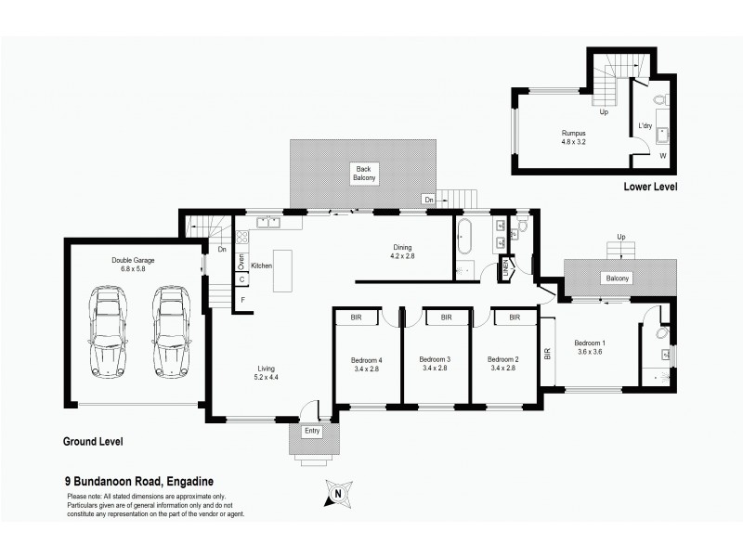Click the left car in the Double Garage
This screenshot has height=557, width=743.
point(108,331)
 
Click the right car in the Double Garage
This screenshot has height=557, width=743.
point(169,331)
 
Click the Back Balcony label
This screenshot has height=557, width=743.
point(363,173)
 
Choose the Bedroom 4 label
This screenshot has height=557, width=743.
point(367,363)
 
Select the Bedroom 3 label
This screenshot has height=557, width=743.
point(435,363)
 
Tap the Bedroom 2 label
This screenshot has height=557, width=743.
point(502,363)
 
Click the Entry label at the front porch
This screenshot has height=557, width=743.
point(312,432)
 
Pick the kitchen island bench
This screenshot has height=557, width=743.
point(281,270)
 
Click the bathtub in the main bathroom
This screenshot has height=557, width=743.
point(464,238)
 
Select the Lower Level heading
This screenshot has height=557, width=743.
point(650,187)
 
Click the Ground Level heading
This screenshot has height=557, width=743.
point(93,441)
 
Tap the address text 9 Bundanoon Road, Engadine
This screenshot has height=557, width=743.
point(139,481)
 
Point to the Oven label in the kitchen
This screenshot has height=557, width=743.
point(241,262)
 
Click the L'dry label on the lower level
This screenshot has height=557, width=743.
point(645,124)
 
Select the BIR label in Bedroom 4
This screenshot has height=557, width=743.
point(355,317)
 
